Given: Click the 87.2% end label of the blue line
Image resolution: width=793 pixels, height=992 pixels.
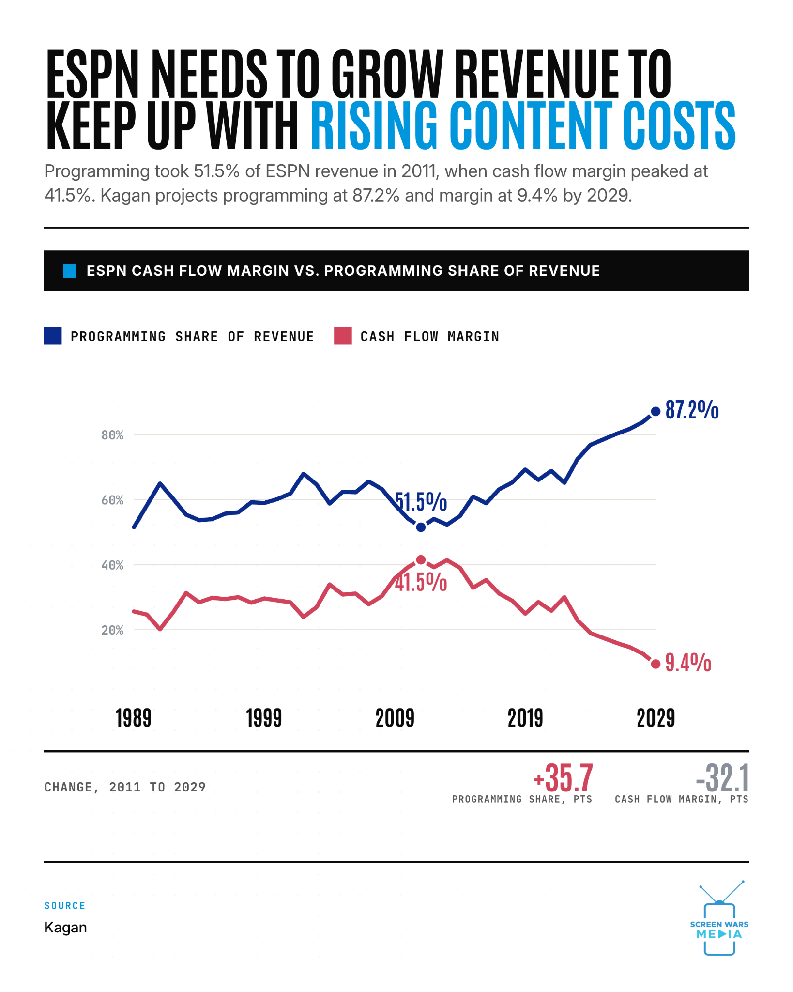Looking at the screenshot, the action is pos(692,410).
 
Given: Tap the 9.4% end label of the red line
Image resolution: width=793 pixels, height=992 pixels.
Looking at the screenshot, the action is pos(688,663).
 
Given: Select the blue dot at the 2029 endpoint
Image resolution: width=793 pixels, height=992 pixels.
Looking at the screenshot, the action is pos(656,411).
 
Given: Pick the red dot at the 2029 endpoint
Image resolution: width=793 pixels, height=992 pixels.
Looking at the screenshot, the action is pos(656,664).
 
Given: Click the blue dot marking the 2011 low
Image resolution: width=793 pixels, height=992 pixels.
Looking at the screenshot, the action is pos(421,527).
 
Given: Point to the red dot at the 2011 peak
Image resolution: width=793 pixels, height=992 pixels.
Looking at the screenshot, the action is pos(421,559).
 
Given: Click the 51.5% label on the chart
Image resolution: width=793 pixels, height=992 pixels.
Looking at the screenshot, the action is pos(421,502).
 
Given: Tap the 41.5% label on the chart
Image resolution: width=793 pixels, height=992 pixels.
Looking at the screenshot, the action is pos(421,582).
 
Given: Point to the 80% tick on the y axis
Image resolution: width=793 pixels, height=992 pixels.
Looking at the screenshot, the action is pos(112,435).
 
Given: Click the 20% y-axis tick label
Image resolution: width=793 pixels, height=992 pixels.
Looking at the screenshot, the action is pos(112,630).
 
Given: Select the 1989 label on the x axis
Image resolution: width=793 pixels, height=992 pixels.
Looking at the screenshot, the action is pos(134,718).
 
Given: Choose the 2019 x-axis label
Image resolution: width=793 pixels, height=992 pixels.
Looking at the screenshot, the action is pos(525,718).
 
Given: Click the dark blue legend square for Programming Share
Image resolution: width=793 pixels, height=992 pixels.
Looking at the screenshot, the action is pos(53,336).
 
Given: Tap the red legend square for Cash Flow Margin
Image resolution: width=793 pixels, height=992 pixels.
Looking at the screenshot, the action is pos(343,336).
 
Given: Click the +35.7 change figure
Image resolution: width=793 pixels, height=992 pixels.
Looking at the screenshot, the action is pos(563,778).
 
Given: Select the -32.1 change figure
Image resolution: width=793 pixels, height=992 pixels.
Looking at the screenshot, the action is pos(722,778).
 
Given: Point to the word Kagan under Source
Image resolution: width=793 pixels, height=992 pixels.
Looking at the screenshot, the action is pos(65,927).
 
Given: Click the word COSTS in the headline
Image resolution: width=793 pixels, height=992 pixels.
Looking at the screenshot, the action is pos(679,125).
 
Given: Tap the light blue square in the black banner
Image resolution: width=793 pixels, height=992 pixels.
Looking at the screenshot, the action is pos(70,271).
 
